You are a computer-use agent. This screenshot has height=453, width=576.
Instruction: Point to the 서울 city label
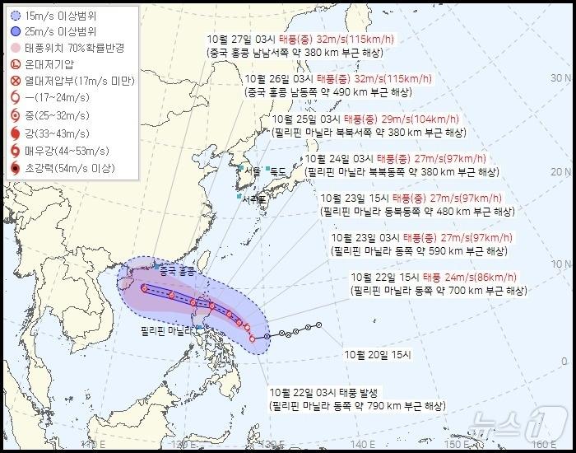253,172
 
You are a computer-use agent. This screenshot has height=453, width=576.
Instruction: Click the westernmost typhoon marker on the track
144,288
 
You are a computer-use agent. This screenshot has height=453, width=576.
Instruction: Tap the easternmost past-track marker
318,325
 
